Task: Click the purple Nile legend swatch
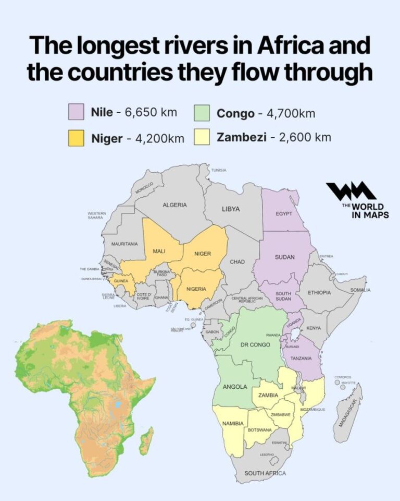point(77,112)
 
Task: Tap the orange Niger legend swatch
point(77,138)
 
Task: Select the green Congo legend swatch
point(202,113)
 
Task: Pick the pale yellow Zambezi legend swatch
point(202,138)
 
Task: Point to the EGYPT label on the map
point(284,214)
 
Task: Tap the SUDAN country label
point(284,257)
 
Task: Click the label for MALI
point(159,252)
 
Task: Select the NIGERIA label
point(196,289)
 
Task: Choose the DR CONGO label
point(255,345)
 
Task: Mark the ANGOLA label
point(234,387)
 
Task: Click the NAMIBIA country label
point(233,423)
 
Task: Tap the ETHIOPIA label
point(319,293)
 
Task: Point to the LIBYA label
point(231,209)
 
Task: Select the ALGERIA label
point(174,205)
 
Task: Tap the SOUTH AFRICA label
point(265,473)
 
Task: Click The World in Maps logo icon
point(351,192)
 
